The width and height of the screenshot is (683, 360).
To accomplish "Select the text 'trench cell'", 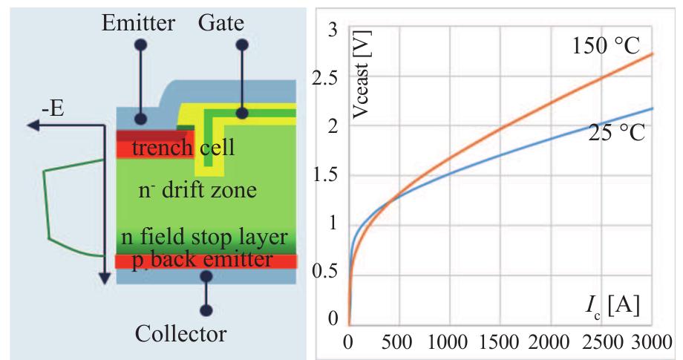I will point(183,148).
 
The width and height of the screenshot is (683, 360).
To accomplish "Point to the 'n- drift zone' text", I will point(198,190).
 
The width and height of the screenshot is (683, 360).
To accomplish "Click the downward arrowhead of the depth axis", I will point(104,278).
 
